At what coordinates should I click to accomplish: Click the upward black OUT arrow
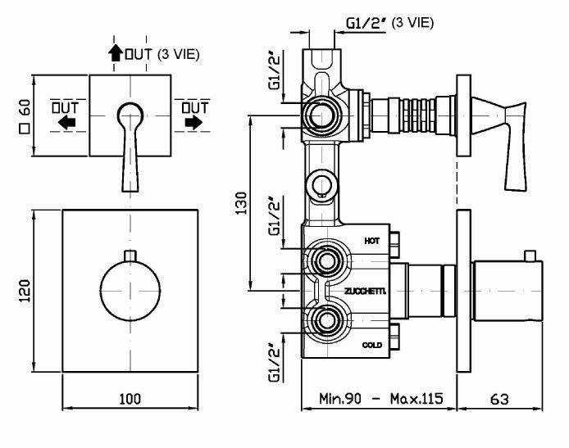click(115, 55)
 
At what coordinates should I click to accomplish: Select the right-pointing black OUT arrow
click(194, 122)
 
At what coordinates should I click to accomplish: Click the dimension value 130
click(240, 202)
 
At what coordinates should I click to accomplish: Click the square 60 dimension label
click(25, 116)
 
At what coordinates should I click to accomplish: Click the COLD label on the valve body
click(371, 346)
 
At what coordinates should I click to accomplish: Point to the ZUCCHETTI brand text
click(366, 291)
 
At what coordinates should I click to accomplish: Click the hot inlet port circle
click(326, 262)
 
